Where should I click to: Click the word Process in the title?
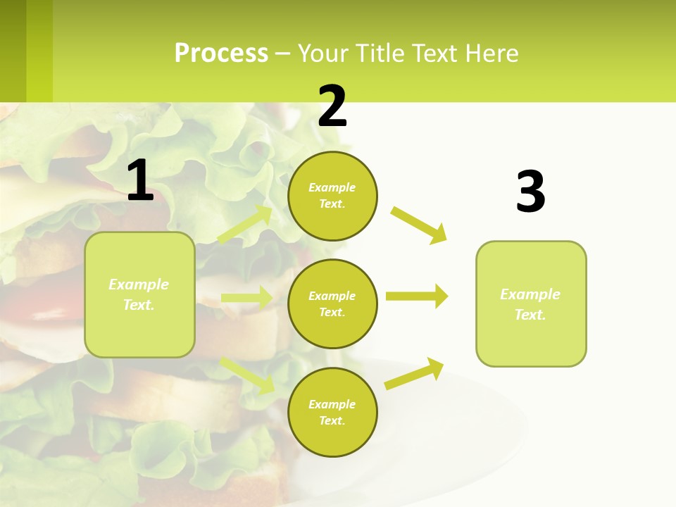(221, 54)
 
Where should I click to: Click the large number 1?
(140, 181)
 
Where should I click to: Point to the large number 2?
(332, 106)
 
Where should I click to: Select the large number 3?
(530, 192)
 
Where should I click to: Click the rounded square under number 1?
(139, 294)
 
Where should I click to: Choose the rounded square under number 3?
(531, 304)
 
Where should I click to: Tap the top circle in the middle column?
(332, 196)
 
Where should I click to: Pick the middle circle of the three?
(332, 304)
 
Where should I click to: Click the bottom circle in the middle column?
(332, 413)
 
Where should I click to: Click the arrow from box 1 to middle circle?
(246, 298)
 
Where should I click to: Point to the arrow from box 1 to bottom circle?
(247, 375)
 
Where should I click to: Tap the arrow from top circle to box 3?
(418, 225)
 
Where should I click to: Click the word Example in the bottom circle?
(332, 404)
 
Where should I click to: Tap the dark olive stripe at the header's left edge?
(13, 51)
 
